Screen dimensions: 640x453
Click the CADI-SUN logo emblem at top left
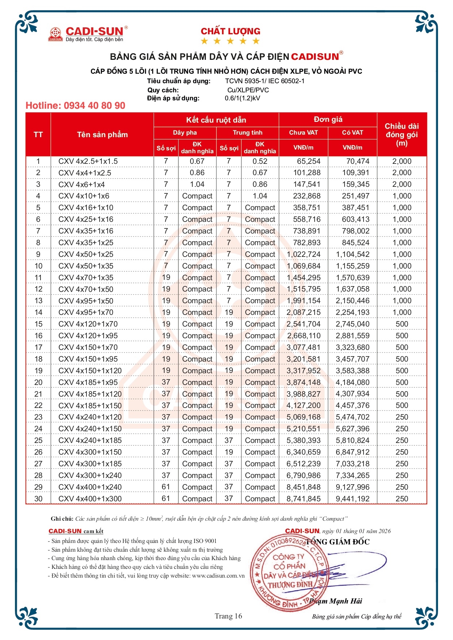56,34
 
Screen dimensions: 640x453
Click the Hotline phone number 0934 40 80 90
75,106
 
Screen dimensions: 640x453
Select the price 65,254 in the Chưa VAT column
308,161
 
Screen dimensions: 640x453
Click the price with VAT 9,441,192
352,499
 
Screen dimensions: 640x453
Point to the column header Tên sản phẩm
102,135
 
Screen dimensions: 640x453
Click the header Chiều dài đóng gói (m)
402,135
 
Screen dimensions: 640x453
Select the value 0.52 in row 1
260,161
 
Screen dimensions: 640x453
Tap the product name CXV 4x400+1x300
90,499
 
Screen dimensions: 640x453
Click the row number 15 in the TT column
38,324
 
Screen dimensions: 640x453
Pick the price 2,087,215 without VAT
303,312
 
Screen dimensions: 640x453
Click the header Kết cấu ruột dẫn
216,120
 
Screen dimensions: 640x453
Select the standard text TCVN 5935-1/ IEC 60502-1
264,81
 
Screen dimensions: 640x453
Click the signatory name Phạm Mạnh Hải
335,601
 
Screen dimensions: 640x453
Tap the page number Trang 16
228,616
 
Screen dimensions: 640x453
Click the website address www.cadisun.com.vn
218,576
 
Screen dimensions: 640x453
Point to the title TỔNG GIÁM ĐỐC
338,542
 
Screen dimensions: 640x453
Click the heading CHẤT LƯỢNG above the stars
230,31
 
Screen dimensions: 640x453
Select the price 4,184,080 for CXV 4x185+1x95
352,382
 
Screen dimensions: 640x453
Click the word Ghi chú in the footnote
62,519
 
